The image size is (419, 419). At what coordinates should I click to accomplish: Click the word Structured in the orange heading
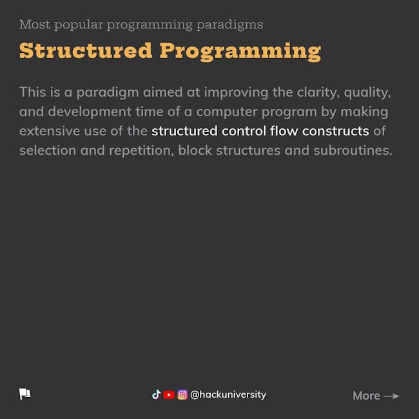tap(86, 50)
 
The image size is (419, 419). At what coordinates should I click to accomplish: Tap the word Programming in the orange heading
tap(240, 52)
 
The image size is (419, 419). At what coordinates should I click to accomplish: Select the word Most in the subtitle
tap(35, 24)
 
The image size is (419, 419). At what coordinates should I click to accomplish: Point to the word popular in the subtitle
tap(79, 25)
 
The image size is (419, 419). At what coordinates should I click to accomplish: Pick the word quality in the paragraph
tap(367, 93)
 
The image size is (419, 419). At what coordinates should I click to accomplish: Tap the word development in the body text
tap(90, 112)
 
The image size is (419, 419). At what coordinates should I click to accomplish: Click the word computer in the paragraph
tap(227, 112)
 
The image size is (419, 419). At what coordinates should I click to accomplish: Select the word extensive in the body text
tap(50, 131)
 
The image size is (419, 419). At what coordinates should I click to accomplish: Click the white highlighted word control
tap(244, 131)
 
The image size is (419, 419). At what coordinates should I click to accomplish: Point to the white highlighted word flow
tap(284, 131)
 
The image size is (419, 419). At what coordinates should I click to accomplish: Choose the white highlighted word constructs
tap(336, 131)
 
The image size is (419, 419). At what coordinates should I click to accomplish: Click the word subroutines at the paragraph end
tap(353, 150)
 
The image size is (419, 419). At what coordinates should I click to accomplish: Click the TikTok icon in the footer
tap(157, 395)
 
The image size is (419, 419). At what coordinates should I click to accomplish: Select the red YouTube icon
tap(169, 395)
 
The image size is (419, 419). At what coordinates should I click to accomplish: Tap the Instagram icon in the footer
tap(182, 395)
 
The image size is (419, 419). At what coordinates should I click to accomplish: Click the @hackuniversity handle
tap(228, 395)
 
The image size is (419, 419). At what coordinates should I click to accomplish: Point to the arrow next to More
tap(391, 396)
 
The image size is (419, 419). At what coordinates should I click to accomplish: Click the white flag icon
tap(24, 394)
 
